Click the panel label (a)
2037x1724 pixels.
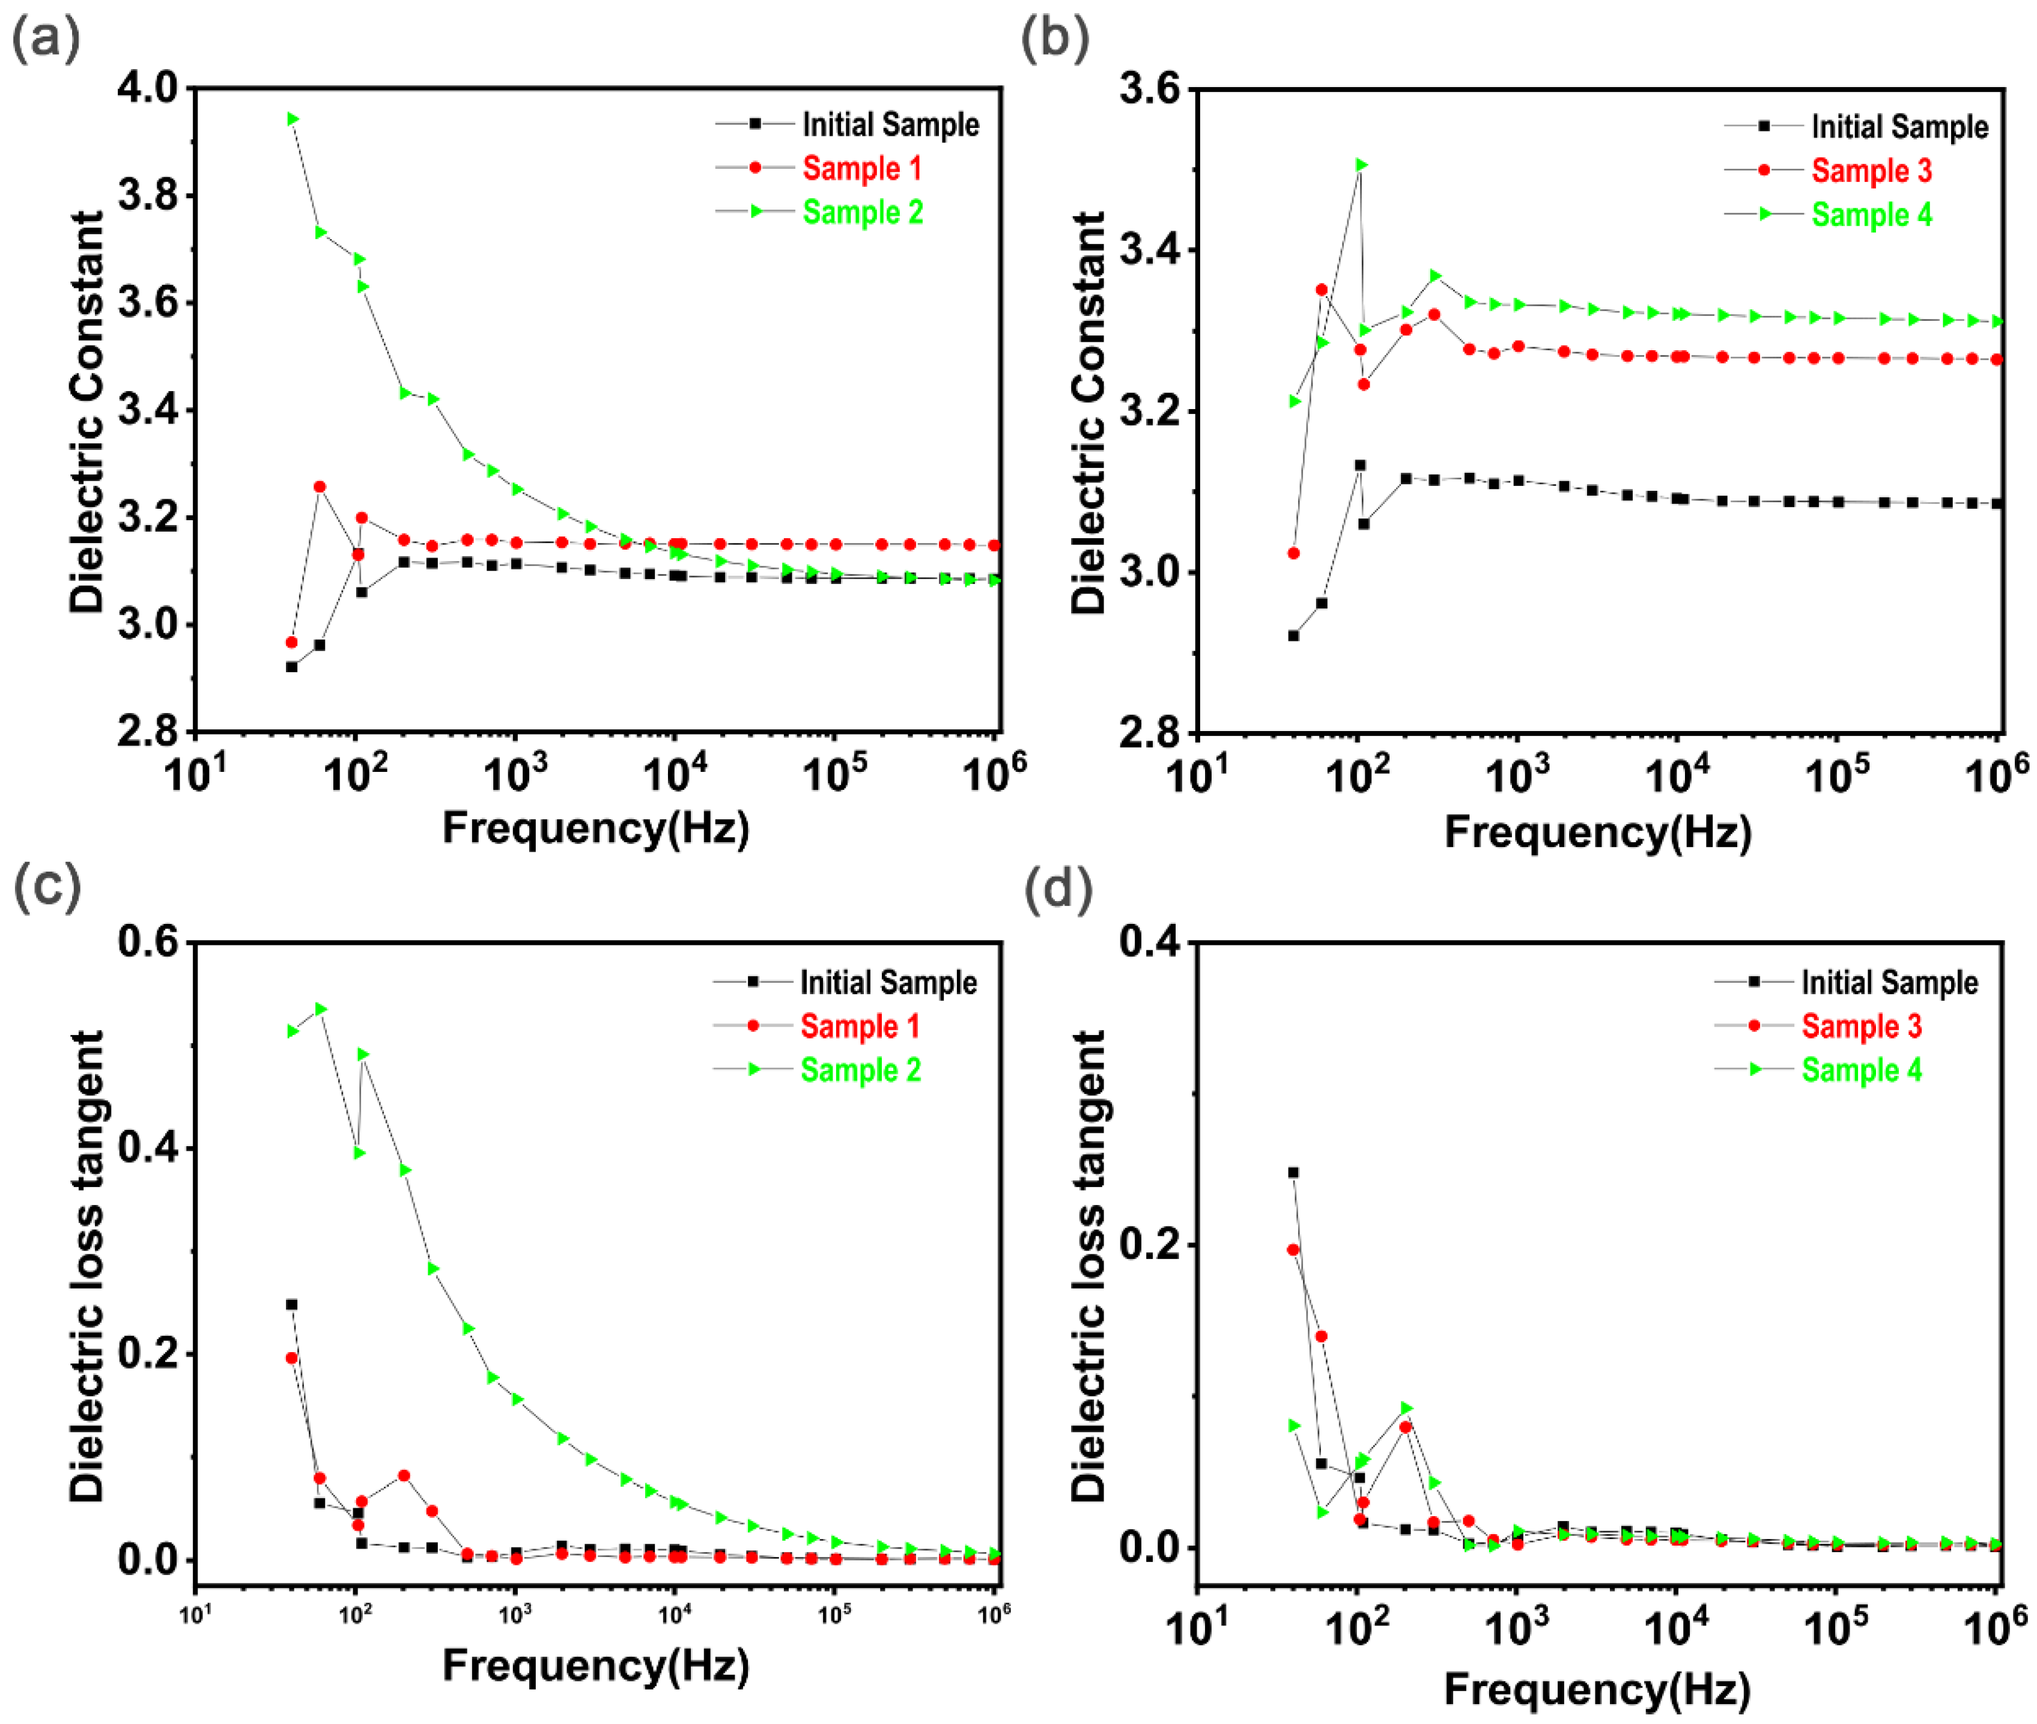pyautogui.click(x=45, y=41)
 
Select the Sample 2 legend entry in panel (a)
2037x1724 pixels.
pyautogui.click(x=862, y=212)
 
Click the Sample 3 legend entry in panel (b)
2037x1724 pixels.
pyautogui.click(x=1871, y=171)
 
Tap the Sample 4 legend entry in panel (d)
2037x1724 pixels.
pyautogui.click(x=1861, y=1070)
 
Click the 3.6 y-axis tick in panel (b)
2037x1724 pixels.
pyautogui.click(x=1150, y=90)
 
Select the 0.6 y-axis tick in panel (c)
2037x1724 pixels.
pyautogui.click(x=148, y=941)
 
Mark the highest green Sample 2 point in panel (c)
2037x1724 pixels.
pyautogui.click(x=321, y=1009)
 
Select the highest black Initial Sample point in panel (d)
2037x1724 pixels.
pyautogui.click(x=1293, y=1173)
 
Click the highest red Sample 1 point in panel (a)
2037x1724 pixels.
pyautogui.click(x=320, y=487)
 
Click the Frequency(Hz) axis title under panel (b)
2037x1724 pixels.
pyautogui.click(x=1597, y=833)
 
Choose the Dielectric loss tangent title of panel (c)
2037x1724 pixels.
pyautogui.click(x=86, y=1266)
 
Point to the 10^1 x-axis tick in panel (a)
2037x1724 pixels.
pyautogui.click(x=195, y=775)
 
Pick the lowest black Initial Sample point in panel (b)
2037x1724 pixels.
pyautogui.click(x=1293, y=636)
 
